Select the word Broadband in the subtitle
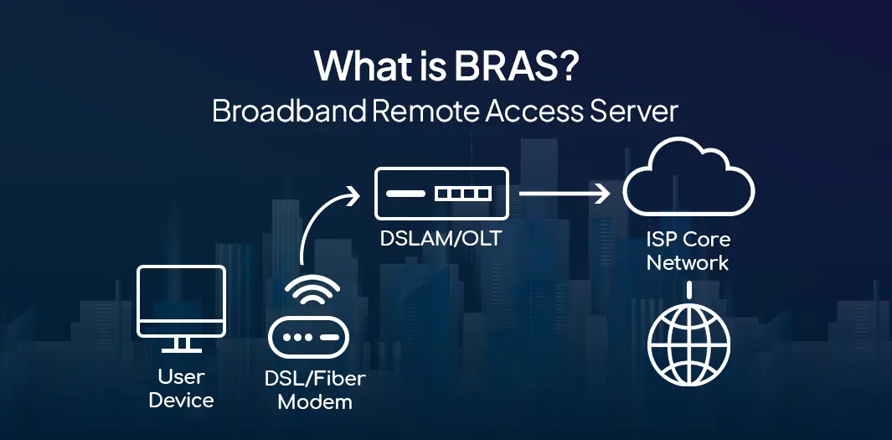tap(290, 111)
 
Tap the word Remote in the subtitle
tap(424, 111)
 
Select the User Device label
tap(181, 388)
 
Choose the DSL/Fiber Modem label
tap(314, 390)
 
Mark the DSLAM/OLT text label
tap(441, 238)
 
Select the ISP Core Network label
tap(688, 251)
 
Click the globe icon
tap(688, 344)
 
